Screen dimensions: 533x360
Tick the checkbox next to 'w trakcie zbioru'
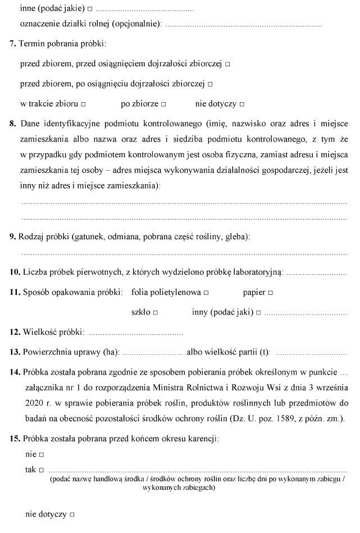pos(83,105)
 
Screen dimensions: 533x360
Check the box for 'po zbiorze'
pos(163,105)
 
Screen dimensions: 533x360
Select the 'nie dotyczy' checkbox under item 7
pos(241,105)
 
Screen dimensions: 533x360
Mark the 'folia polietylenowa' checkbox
pos(207,293)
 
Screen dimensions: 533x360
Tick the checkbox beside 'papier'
pos(271,293)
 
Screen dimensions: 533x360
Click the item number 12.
pos(15,332)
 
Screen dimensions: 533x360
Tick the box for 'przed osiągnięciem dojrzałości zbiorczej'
pos(227,65)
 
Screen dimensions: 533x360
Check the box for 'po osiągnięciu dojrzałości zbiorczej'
pos(210,85)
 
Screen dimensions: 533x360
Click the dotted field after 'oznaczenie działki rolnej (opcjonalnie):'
pos(244,25)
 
